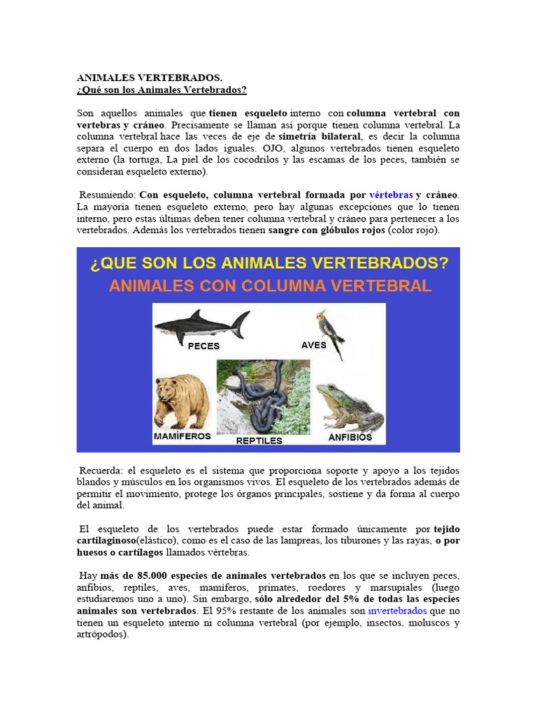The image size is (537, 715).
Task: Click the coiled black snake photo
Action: pyautogui.click(x=262, y=397)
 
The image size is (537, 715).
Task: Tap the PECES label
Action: pyautogui.click(x=203, y=346)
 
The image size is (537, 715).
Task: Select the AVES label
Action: pyautogui.click(x=314, y=345)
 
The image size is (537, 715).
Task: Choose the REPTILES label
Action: pyautogui.click(x=259, y=441)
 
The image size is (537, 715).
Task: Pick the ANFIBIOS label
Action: pyautogui.click(x=350, y=438)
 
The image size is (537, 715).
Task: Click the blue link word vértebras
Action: pyautogui.click(x=391, y=195)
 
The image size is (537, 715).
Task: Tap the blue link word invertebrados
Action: pyautogui.click(x=397, y=610)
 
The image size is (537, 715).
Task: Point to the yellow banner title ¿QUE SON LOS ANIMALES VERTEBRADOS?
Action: pyautogui.click(x=268, y=264)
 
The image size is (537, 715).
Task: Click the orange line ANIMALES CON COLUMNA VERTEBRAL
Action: pyautogui.click(x=269, y=286)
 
